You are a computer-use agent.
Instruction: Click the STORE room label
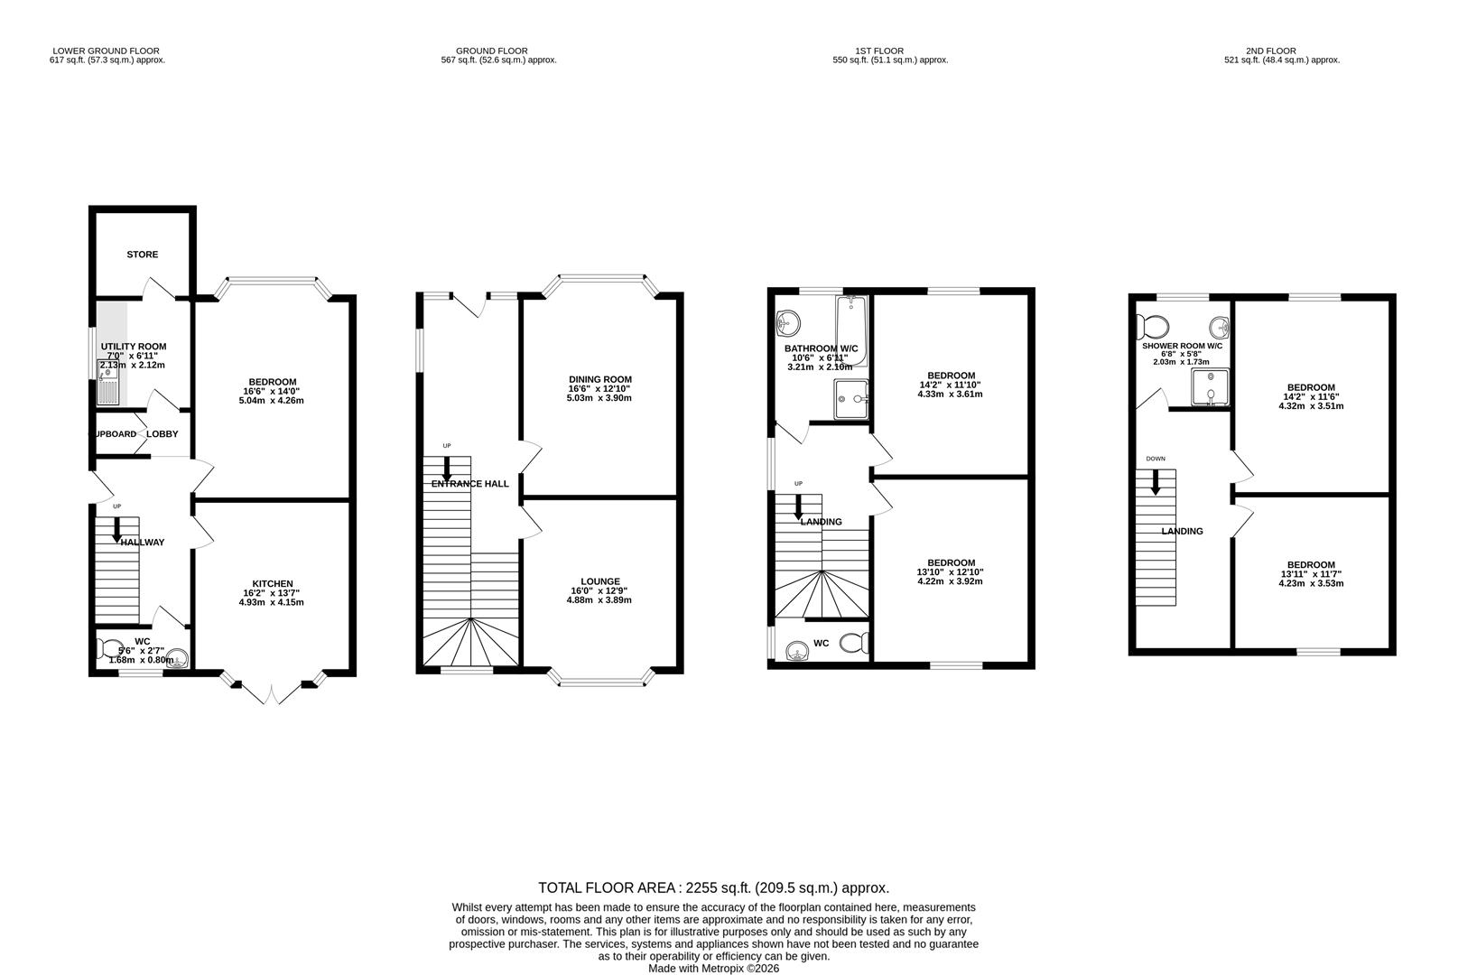pos(142,255)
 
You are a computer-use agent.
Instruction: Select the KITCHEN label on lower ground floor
pos(273,583)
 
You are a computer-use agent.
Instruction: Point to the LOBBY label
pos(163,434)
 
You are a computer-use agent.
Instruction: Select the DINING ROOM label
pos(599,379)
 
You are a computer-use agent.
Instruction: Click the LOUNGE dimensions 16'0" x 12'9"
pos(600,590)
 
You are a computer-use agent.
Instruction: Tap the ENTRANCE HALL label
pos(469,484)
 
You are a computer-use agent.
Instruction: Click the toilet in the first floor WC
pos(851,643)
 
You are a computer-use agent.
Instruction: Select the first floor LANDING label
pos(821,522)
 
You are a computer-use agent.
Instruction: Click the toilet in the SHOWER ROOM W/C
pos(1153,324)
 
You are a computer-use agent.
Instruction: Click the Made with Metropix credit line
pos(713,968)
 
